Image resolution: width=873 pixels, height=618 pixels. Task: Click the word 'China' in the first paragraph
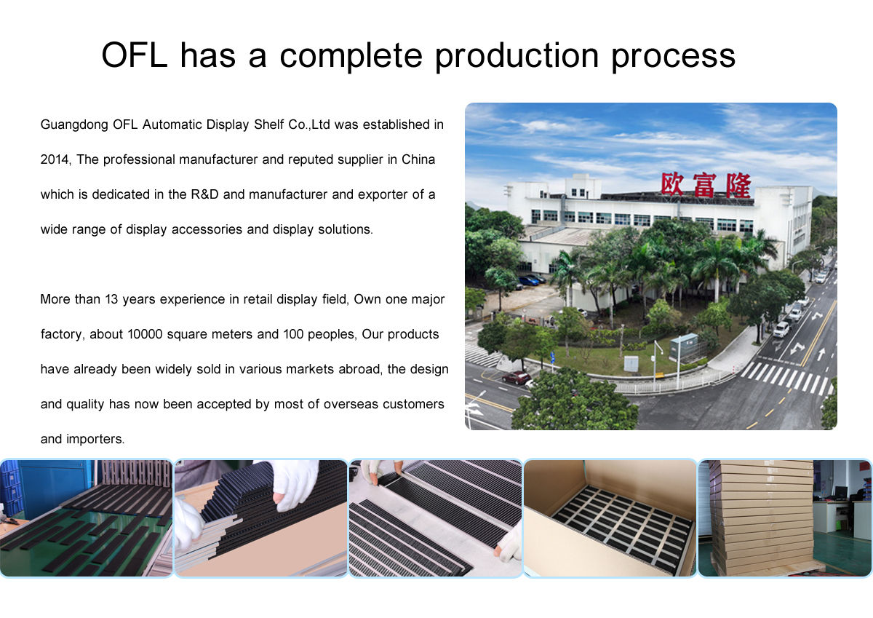418,159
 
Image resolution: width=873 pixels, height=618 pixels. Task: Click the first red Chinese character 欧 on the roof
674,184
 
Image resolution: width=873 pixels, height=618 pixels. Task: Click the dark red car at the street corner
516,377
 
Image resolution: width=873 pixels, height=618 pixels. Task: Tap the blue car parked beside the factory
529,280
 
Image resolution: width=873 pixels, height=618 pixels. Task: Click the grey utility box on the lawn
631,363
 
